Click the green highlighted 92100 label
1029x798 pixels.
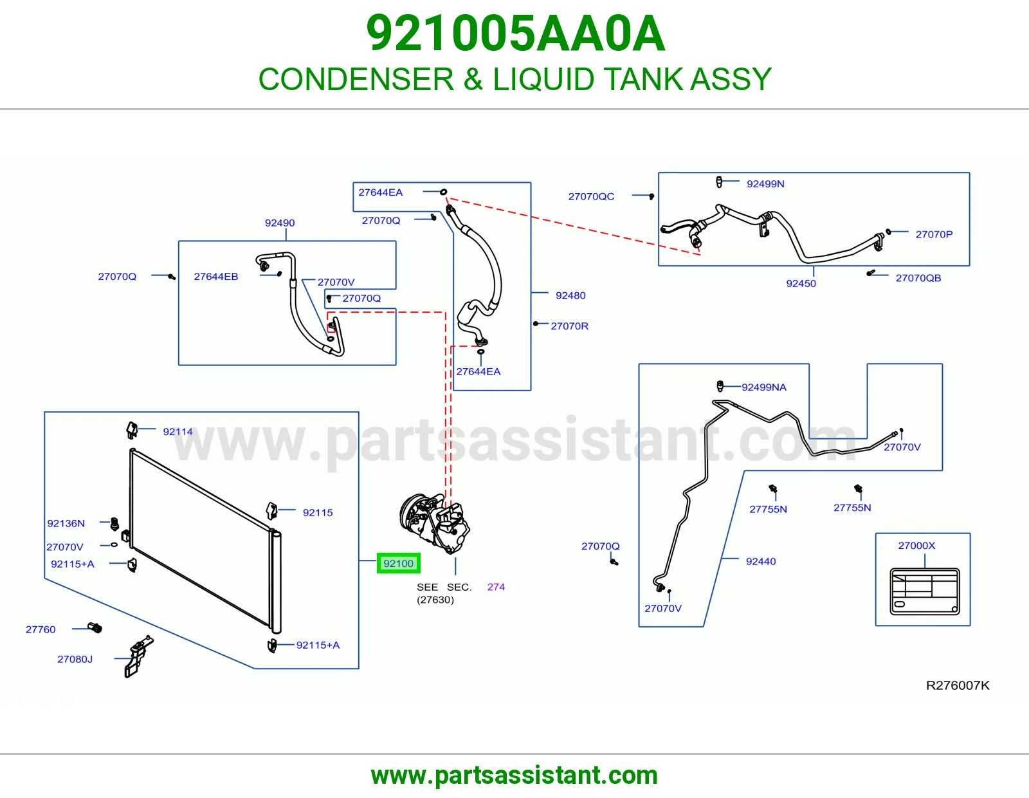click(x=398, y=563)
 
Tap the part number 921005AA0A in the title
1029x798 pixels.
click(x=516, y=33)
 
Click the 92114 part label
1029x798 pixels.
click(x=178, y=432)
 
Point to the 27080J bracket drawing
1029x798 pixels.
click(x=138, y=656)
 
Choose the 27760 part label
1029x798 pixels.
click(x=41, y=629)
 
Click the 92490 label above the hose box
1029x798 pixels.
click(x=279, y=223)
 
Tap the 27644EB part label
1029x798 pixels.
click(x=216, y=276)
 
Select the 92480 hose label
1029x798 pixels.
click(x=570, y=295)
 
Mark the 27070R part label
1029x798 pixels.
click(x=569, y=326)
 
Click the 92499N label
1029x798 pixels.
click(x=765, y=184)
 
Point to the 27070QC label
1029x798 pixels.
click(x=591, y=196)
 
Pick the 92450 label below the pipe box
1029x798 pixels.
click(x=801, y=283)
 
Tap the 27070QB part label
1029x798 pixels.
click(x=918, y=277)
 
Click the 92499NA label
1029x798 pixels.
click(x=764, y=387)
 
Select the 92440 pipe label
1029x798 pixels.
click(x=761, y=561)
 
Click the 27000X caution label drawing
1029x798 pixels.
click(x=925, y=591)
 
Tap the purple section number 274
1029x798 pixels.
click(x=496, y=587)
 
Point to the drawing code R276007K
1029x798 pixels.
click(x=958, y=685)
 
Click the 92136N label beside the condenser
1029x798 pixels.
click(x=66, y=523)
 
